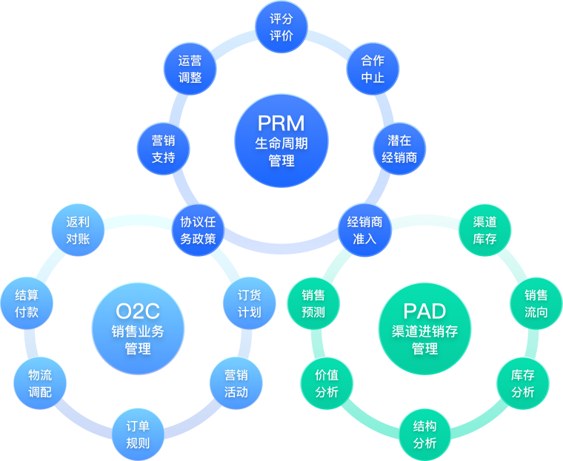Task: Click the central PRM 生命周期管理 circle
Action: pos(281,141)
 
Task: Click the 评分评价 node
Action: pos(281,27)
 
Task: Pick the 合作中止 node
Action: pos(373,68)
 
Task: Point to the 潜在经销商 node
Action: pos(399,148)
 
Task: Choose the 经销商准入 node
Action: pos(364,230)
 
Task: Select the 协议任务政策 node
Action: pos(198,230)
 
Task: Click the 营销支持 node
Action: pos(163,148)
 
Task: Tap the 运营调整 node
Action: pos(190,68)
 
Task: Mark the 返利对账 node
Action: pos(78,230)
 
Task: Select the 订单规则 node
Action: pos(137,434)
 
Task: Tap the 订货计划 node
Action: pos(249,303)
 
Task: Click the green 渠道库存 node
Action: pos(484,230)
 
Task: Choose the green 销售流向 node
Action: pos(536,303)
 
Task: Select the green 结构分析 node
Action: pos(424,434)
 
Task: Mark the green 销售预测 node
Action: pos(313,303)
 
